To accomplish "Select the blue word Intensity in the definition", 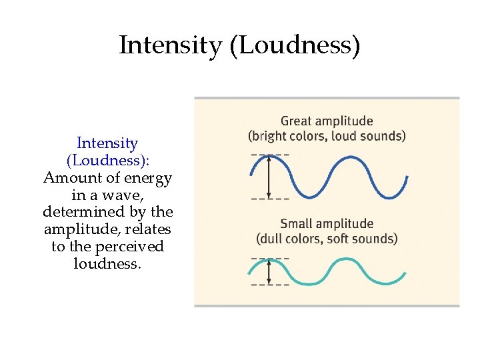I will tap(107, 143).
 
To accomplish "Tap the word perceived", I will tap(129, 247).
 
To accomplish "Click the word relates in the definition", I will tap(149, 229).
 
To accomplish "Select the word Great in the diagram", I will tap(296, 121).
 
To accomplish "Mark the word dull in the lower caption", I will tap(273, 238).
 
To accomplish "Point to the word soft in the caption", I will tap(348, 238).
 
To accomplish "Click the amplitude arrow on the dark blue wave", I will tap(269, 177).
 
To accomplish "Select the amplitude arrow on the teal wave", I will tap(269, 271).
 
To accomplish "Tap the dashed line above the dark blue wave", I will tap(270, 155).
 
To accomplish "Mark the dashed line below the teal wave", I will tap(270, 285).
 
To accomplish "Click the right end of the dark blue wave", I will tap(407, 178).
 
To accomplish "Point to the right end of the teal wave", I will tap(405, 273).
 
